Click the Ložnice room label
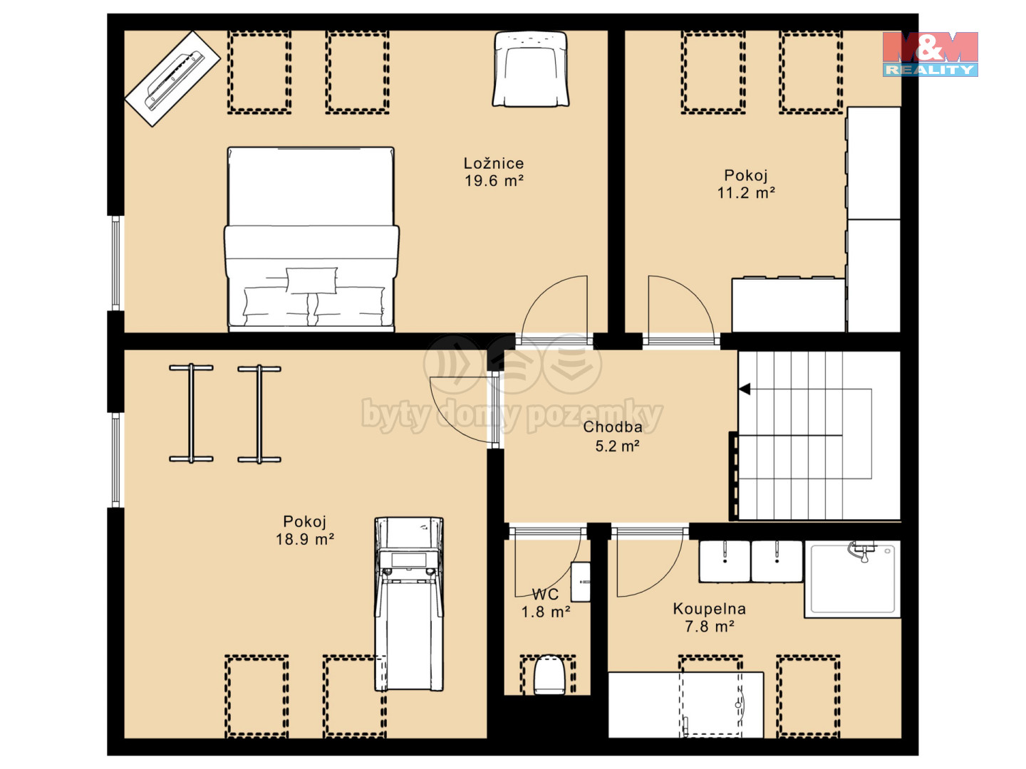pyautogui.click(x=494, y=163)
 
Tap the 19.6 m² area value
pyautogui.click(x=494, y=180)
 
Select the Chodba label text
pyautogui.click(x=612, y=427)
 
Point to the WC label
pyautogui.click(x=545, y=594)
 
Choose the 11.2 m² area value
pyautogui.click(x=746, y=192)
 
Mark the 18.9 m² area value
pyautogui.click(x=304, y=539)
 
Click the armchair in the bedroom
pyautogui.click(x=531, y=68)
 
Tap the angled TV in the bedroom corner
pyautogui.click(x=172, y=78)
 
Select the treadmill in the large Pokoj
pyautogui.click(x=409, y=603)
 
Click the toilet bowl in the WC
pyautogui.click(x=549, y=674)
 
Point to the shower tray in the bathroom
pyautogui.click(x=853, y=579)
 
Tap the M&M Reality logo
pyautogui.click(x=930, y=54)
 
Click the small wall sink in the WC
pyautogui.click(x=581, y=582)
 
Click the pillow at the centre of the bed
pyautogui.click(x=311, y=280)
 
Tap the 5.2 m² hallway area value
pyautogui.click(x=617, y=446)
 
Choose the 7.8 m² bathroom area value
pyautogui.click(x=709, y=626)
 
